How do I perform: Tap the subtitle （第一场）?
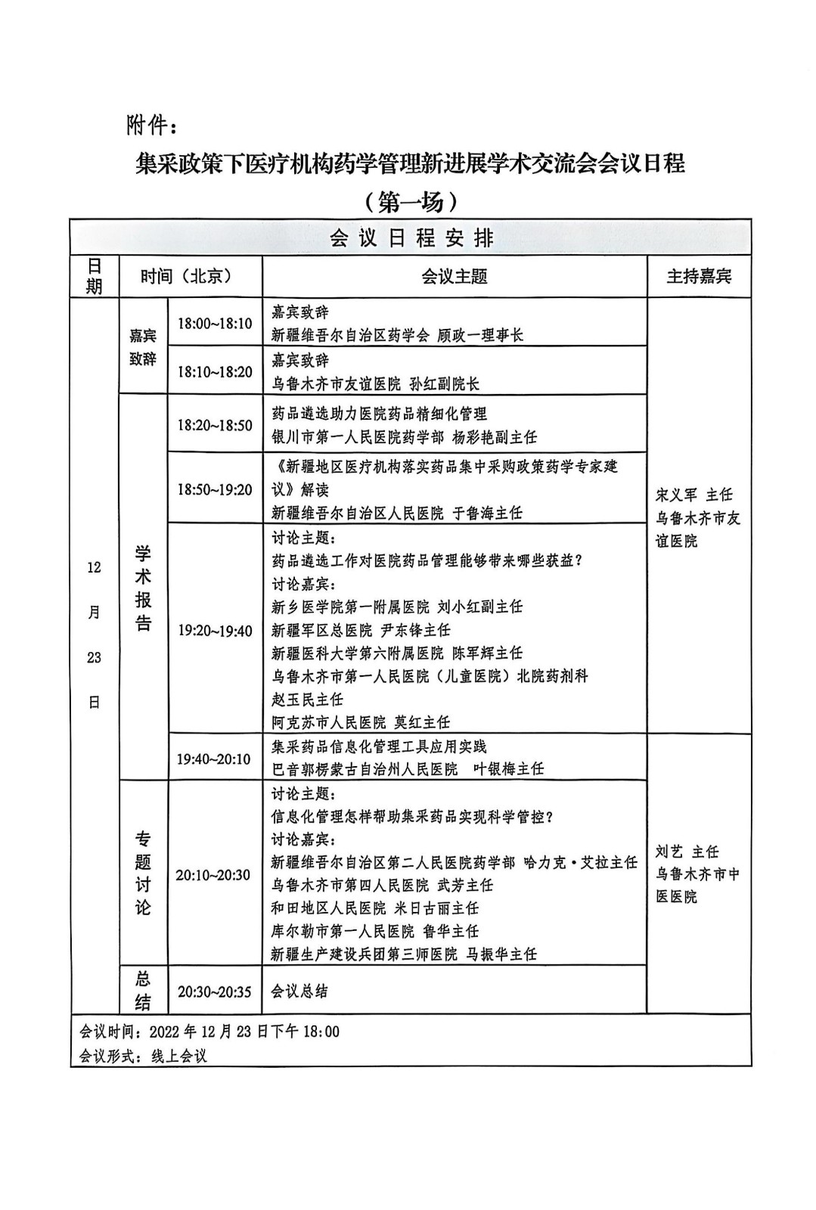click(x=409, y=201)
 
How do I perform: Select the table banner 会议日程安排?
click(x=411, y=238)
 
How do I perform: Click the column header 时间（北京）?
click(x=186, y=277)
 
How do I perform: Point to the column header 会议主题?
click(x=454, y=277)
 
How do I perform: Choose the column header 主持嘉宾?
click(x=698, y=277)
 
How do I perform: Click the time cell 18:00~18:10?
click(x=215, y=324)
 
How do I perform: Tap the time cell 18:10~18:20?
click(x=215, y=371)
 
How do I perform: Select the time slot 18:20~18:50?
click(x=215, y=425)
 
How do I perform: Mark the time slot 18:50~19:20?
click(x=215, y=489)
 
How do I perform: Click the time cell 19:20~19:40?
click(x=215, y=630)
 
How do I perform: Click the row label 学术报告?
click(x=143, y=588)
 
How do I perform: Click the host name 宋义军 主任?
click(x=693, y=495)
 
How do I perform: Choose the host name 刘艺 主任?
click(x=687, y=852)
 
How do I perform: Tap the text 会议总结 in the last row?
click(x=299, y=991)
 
